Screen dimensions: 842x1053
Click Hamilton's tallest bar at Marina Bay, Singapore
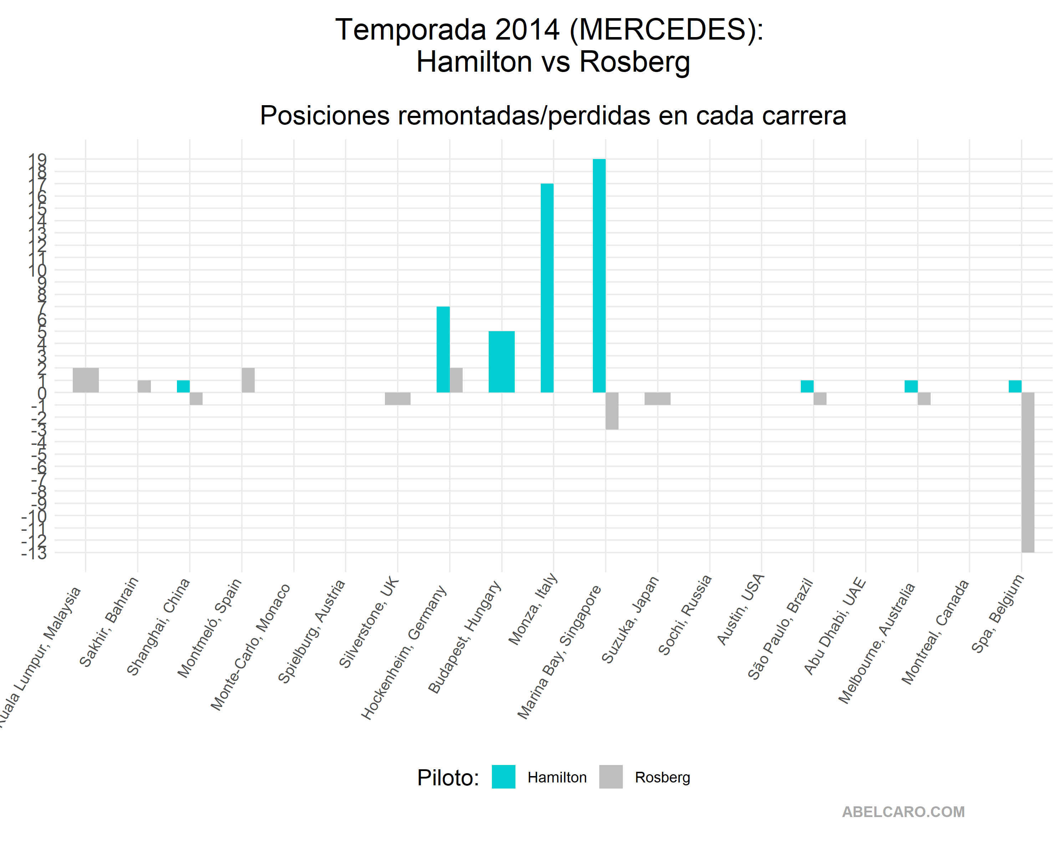click(599, 276)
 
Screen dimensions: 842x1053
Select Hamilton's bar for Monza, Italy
click(547, 288)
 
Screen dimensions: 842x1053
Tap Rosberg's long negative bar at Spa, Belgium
click(1028, 472)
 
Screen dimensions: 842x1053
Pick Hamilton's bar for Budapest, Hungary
click(502, 362)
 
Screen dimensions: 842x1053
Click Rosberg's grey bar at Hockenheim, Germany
click(456, 380)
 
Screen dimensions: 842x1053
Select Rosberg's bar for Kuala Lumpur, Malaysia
click(86, 380)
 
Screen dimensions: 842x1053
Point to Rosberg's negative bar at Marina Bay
click(612, 411)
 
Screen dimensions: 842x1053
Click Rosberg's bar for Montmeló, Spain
click(248, 380)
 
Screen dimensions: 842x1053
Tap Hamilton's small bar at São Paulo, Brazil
click(807, 386)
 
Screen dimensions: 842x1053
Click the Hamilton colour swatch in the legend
click(504, 777)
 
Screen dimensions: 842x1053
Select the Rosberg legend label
click(662, 777)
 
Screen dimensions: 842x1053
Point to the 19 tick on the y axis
click(38, 159)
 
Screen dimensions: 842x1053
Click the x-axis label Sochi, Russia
click(685, 615)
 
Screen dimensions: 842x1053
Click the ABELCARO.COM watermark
click(903, 812)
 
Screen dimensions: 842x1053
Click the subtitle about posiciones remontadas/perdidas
click(553, 116)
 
